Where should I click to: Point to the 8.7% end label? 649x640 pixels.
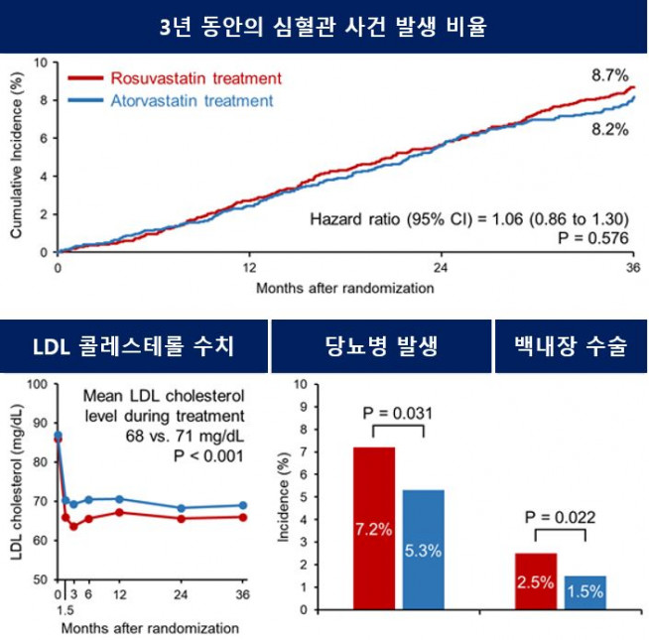[x=608, y=74]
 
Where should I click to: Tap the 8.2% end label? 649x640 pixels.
[x=608, y=129]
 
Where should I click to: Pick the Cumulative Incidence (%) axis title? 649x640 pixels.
[x=17, y=157]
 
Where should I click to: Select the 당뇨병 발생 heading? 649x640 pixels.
[x=381, y=346]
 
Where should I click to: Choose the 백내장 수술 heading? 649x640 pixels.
[x=571, y=346]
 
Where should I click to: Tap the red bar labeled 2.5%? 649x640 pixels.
[x=535, y=581]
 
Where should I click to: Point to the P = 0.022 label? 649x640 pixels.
[x=559, y=518]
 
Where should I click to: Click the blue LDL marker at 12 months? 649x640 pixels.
[x=119, y=499]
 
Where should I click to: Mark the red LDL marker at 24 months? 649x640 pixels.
[x=181, y=519]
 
